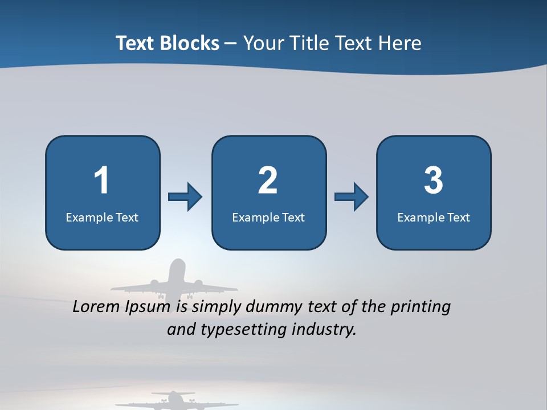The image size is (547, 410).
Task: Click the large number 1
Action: [101, 181]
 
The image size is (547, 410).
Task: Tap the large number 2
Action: [268, 181]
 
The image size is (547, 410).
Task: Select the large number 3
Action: [434, 181]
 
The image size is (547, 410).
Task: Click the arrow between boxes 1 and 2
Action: [185, 197]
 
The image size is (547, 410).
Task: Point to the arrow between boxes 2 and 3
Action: [352, 197]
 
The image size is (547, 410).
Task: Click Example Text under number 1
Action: [102, 217]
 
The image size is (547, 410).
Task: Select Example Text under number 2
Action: [268, 217]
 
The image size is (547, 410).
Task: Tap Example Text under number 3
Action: [434, 217]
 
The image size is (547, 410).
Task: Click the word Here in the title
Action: [399, 43]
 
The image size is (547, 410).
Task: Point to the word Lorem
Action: [96, 307]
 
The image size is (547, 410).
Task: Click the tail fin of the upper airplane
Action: [177, 268]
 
